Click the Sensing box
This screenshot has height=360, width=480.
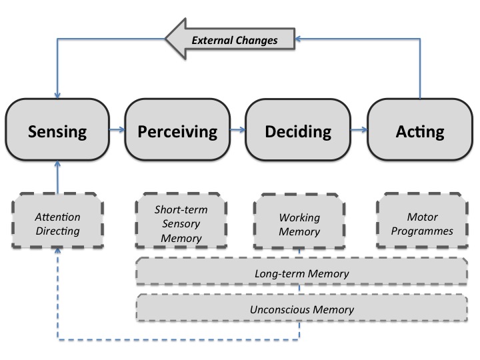click(57, 131)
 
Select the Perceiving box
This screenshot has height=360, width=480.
click(177, 131)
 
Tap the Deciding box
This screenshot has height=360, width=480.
click(298, 131)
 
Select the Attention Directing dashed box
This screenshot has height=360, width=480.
click(57, 224)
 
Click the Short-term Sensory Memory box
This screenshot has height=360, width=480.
click(177, 224)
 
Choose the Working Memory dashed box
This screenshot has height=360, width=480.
click(299, 224)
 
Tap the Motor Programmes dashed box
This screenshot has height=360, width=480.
click(420, 224)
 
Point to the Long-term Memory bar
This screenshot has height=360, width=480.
click(301, 273)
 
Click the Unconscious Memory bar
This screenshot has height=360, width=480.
click(301, 309)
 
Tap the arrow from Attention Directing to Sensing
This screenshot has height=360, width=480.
click(57, 177)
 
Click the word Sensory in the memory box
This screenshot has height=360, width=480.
click(177, 224)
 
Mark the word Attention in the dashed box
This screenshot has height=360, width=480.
click(57, 217)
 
